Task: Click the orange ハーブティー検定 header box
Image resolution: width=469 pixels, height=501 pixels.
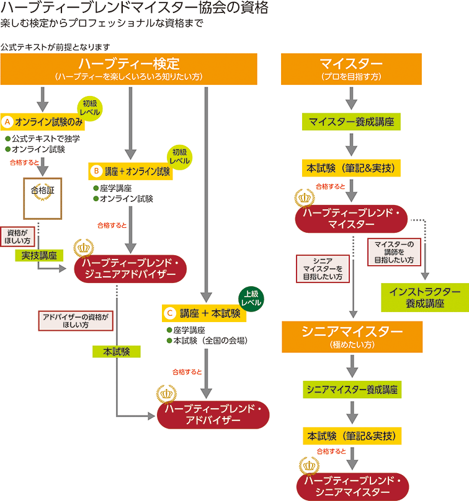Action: [x=128, y=69]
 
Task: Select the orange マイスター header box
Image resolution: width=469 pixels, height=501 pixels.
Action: [x=351, y=69]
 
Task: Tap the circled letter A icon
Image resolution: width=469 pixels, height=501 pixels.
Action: [x=7, y=122]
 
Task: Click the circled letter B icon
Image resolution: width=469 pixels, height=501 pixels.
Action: [x=96, y=172]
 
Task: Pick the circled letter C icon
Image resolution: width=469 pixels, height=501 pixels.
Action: [x=170, y=313]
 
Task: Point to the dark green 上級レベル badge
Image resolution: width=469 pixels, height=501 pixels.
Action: [x=251, y=298]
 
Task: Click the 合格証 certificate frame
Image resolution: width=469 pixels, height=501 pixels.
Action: [x=43, y=198]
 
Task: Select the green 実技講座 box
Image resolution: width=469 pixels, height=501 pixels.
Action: [x=39, y=256]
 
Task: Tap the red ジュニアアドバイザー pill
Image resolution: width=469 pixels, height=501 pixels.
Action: [x=130, y=269]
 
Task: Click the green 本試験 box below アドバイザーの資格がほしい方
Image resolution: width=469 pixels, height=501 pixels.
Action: [x=117, y=352]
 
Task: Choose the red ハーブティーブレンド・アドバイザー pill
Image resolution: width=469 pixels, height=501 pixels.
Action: [x=213, y=415]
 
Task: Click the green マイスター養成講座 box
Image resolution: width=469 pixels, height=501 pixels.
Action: [x=351, y=122]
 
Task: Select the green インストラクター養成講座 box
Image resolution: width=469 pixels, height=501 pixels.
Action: [x=425, y=297]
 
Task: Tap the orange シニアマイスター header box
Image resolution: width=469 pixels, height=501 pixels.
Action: [x=352, y=337]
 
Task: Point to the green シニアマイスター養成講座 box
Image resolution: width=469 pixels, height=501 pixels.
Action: [x=352, y=390]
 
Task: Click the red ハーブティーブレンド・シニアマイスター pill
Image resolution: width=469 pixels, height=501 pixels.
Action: [x=352, y=487]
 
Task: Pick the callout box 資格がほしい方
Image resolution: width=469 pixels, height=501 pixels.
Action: [x=17, y=237]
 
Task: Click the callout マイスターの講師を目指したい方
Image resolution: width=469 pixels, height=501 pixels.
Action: [x=394, y=252]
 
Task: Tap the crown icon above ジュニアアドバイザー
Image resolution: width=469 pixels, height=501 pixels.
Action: [x=84, y=248]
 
